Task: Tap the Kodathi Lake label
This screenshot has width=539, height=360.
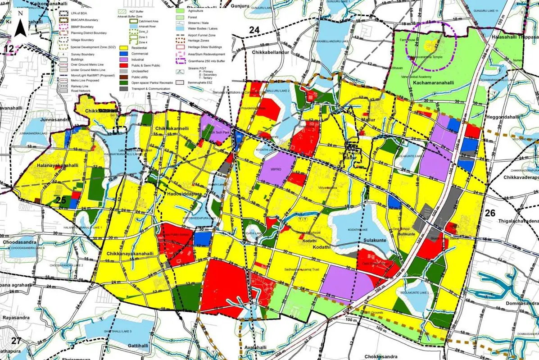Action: tap(359, 230)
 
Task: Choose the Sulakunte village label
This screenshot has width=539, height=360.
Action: tap(377, 228)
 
